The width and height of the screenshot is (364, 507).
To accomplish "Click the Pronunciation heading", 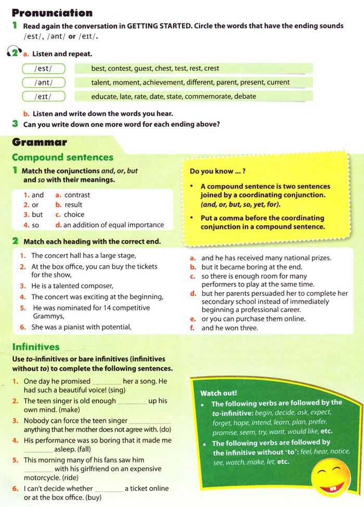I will [52, 13].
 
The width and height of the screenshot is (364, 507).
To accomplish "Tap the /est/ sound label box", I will [44, 68].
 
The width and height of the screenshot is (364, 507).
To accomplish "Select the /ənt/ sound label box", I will [44, 82].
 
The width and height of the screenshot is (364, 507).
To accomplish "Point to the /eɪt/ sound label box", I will [44, 96].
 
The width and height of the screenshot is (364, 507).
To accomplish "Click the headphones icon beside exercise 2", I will [11, 52].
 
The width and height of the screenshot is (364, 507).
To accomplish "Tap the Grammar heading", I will [40, 142].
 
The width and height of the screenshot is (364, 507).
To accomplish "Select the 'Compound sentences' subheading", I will [62, 157].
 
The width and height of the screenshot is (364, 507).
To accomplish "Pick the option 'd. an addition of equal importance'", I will [109, 225].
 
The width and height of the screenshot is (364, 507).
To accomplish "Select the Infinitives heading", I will [35, 347].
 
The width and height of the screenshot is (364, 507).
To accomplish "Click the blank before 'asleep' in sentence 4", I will [38, 450].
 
